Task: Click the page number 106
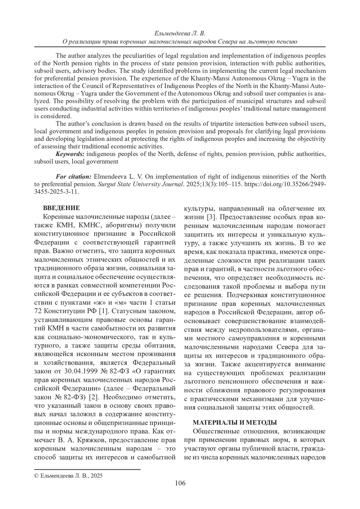tap(180, 483)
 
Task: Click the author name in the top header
tap(180, 33)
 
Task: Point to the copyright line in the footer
tap(69, 475)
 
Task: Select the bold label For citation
tap(74, 177)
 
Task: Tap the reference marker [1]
tap(103, 310)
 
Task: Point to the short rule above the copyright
tap(87, 469)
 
